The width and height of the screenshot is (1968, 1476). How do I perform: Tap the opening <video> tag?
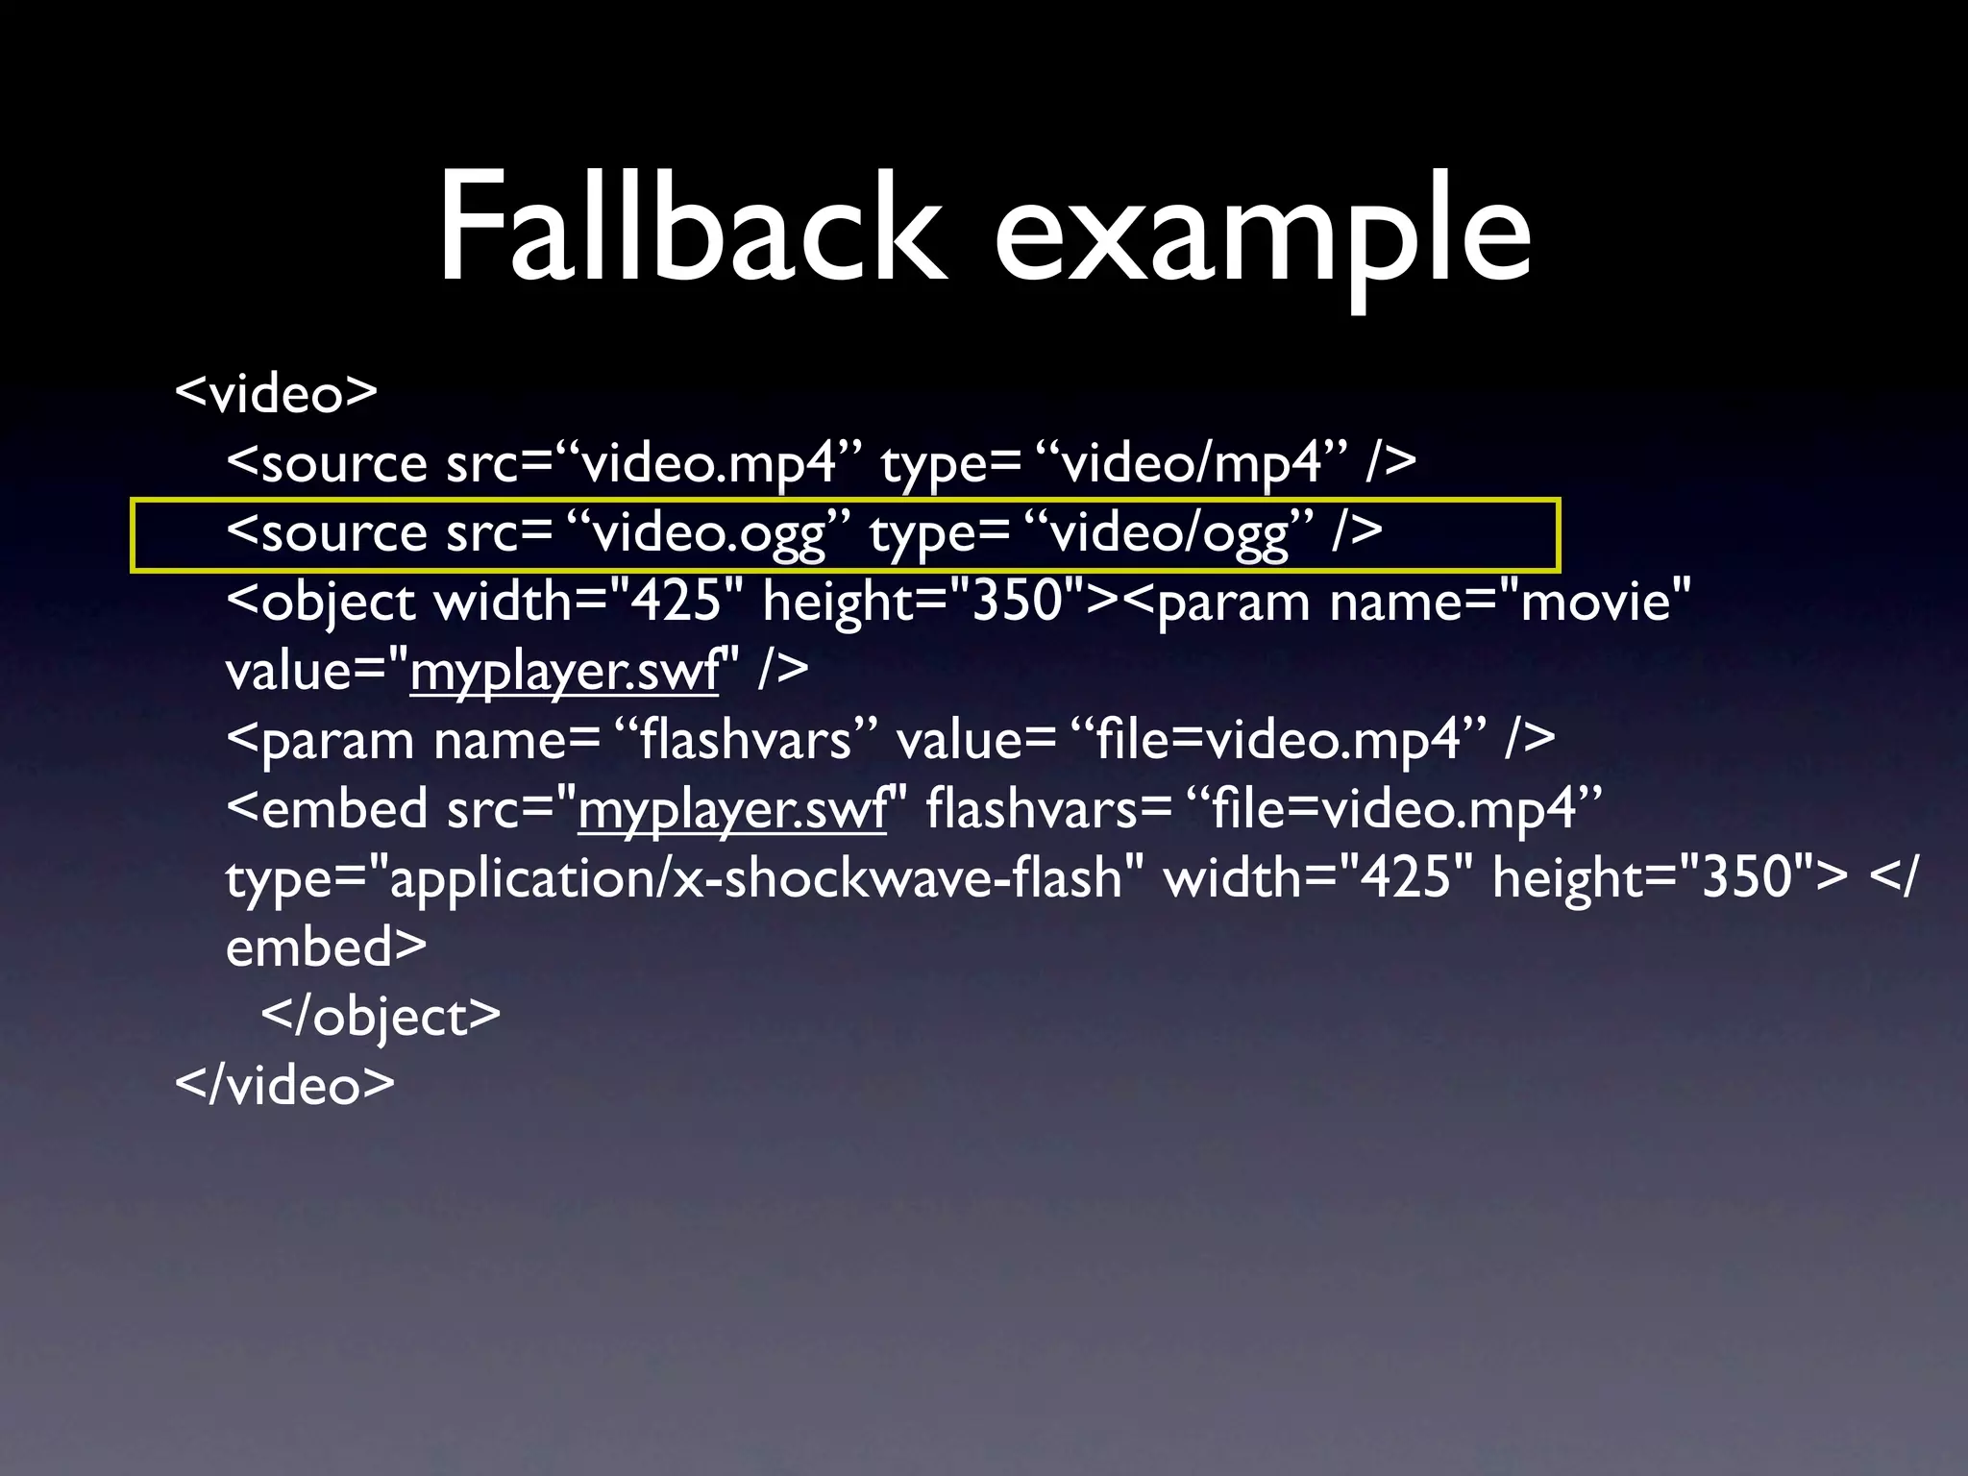tap(276, 393)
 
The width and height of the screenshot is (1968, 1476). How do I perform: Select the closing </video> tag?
tap(284, 1085)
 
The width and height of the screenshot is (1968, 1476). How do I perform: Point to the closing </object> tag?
tap(381, 1017)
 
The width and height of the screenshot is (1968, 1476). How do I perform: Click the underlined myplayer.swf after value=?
tap(565, 671)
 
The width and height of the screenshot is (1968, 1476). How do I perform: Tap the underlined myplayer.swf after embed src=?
tap(732, 809)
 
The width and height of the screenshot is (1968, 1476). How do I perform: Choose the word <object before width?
tap(321, 603)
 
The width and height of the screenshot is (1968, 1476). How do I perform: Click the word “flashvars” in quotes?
tap(746, 741)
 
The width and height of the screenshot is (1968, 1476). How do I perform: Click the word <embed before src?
tap(327, 809)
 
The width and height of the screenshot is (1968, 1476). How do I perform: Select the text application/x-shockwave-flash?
tap(754, 878)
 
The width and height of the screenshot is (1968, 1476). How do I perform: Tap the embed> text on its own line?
tap(326, 947)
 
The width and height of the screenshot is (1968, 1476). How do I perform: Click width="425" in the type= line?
tap(1317, 878)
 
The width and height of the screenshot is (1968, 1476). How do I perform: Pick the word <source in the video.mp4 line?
tap(327, 464)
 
